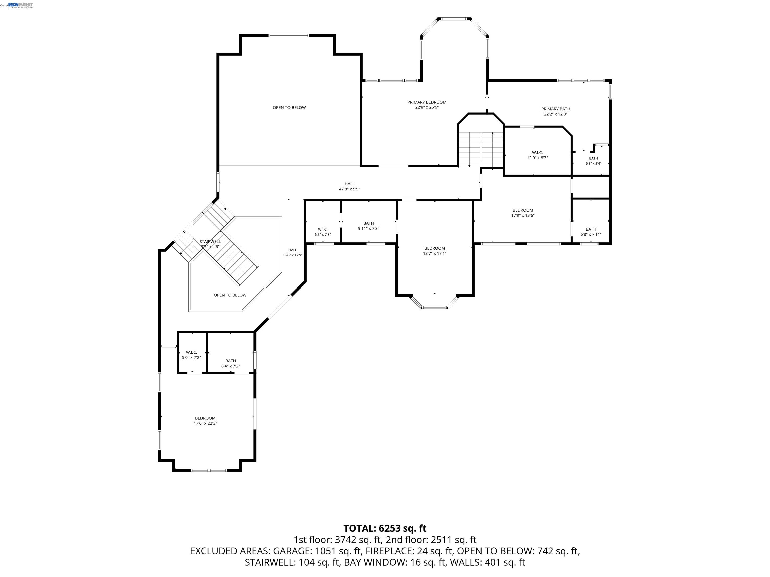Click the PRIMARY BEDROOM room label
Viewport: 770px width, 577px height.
tap(427, 102)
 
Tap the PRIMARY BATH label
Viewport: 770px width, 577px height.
tap(556, 109)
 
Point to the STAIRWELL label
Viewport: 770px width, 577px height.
tap(210, 241)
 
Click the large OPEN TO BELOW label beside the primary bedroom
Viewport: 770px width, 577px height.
tap(289, 107)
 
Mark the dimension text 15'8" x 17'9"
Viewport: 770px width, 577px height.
tap(293, 255)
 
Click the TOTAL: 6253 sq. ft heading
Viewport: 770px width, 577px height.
tap(385, 528)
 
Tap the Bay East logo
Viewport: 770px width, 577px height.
tap(21, 5)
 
